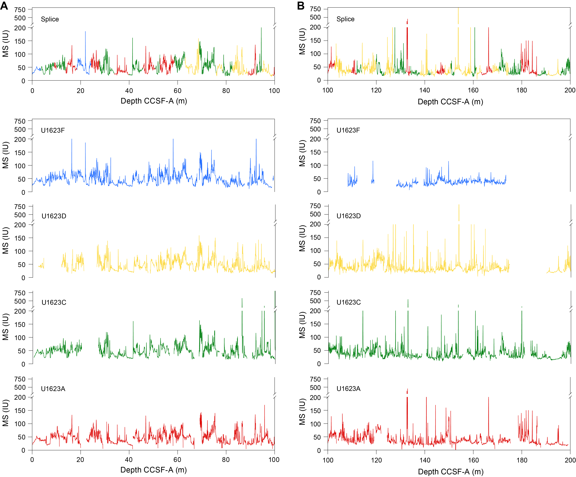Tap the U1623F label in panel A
53,130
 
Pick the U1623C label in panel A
54,302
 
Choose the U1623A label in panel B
348,389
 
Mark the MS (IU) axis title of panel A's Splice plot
5,43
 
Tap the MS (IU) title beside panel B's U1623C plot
302,325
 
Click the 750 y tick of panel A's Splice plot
20,10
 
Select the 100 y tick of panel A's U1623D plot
20,251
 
